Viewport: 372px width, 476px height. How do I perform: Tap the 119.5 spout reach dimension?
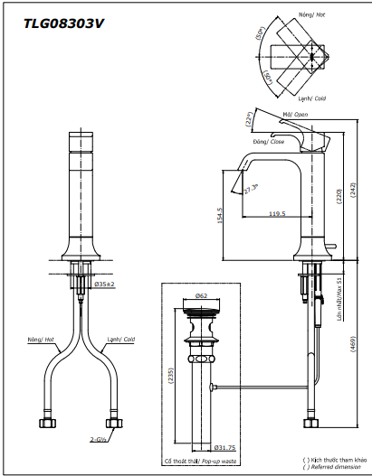pos(277,214)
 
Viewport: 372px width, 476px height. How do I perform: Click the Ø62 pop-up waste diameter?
pos(201,295)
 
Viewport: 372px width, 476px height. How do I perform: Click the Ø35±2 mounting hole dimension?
pos(106,284)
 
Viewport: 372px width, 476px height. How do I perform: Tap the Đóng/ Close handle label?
pos(270,142)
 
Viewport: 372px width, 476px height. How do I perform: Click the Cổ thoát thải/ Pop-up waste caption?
pos(201,461)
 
